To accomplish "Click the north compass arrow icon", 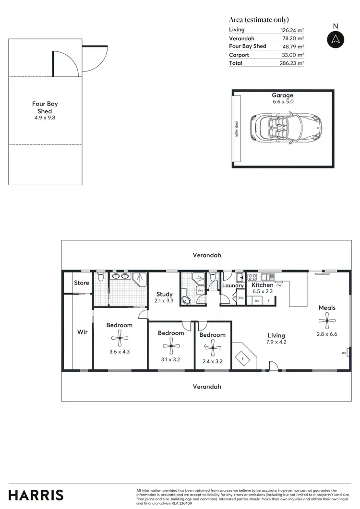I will pos(336,39).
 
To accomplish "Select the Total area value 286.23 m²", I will pos(292,63).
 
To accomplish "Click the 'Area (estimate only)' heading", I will pos(259,20).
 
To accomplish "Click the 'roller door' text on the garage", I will pos(237,128).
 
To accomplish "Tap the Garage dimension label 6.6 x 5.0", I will pos(282,102).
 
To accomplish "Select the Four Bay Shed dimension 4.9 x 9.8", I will pos(45,118).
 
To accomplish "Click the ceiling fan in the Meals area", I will pos(327,320).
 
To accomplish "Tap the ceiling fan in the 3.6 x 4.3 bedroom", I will pos(120,339).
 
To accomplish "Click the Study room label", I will pos(164,295).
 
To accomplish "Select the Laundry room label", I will pos(233,285).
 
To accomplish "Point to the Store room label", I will pos(81,283).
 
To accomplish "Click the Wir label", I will pos(83,332).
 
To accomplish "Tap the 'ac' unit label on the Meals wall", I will pos(344,353).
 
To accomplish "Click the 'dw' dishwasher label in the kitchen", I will pos(279,285).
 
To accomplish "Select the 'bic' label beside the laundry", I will pos(241,298).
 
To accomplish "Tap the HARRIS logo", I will pos(36,495).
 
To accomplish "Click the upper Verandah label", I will pos(207,255).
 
